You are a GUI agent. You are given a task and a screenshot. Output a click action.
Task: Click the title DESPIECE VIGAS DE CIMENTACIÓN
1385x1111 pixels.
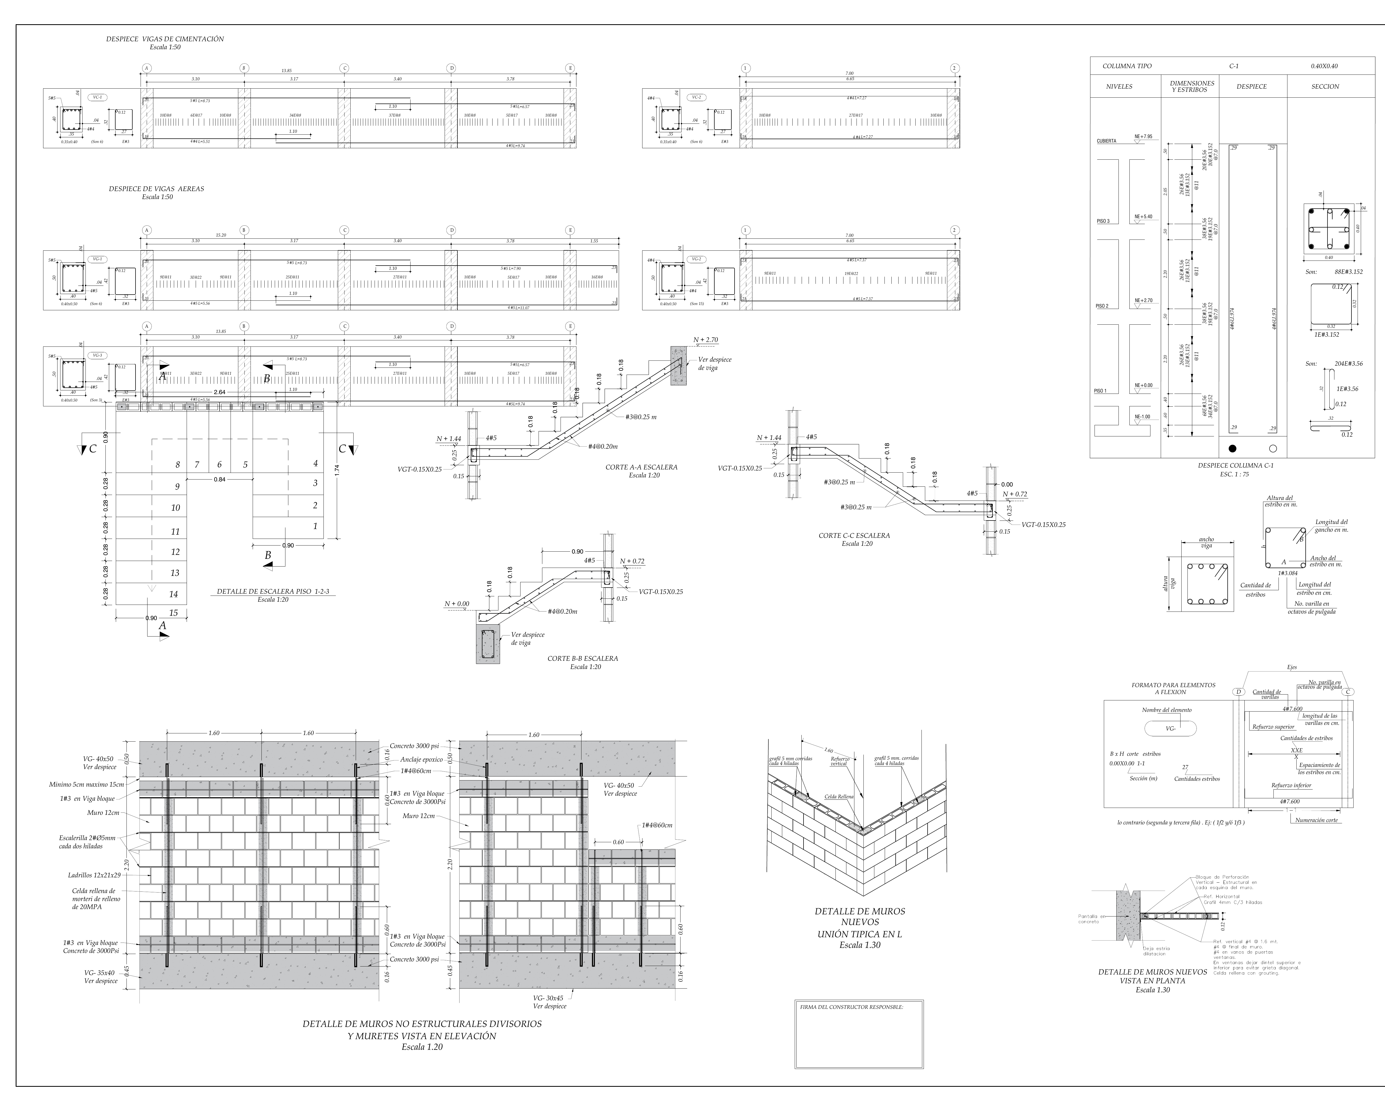click(x=165, y=39)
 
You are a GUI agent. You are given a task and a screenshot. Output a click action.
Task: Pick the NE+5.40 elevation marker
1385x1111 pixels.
click(x=1144, y=217)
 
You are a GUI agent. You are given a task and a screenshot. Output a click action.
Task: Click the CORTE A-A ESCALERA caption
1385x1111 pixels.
click(x=641, y=468)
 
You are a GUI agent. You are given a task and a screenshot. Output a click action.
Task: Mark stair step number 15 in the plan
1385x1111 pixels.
click(x=173, y=613)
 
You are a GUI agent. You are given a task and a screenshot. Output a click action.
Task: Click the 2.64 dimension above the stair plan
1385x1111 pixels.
click(x=219, y=393)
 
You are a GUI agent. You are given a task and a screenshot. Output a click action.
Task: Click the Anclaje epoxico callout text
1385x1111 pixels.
click(x=421, y=760)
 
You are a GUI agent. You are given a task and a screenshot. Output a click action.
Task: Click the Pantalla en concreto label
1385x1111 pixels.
click(x=1092, y=919)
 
